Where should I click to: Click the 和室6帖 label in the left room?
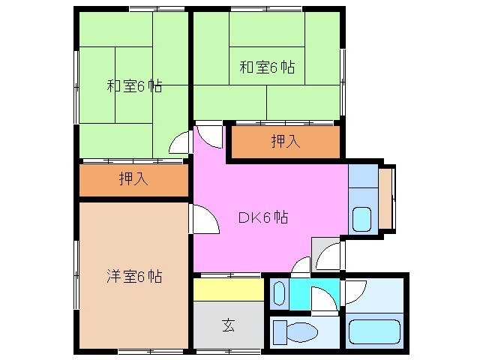click(x=134, y=85)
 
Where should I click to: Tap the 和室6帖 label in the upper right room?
click(x=267, y=67)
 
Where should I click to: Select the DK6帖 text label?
click(x=263, y=217)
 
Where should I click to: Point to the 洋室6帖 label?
click(x=133, y=276)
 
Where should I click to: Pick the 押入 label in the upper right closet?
click(x=286, y=141)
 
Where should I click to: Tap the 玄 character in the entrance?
click(x=228, y=325)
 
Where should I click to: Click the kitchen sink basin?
click(x=361, y=218)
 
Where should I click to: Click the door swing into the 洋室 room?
click(x=202, y=218)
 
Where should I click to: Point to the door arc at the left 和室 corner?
click(x=180, y=142)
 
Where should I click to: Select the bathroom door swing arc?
click(x=354, y=291)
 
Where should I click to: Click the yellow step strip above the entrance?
click(x=228, y=289)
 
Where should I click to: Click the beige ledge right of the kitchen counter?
click(x=385, y=199)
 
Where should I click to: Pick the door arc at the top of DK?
click(x=211, y=136)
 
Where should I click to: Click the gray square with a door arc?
click(x=327, y=256)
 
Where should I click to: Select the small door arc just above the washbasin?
click(x=301, y=265)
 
